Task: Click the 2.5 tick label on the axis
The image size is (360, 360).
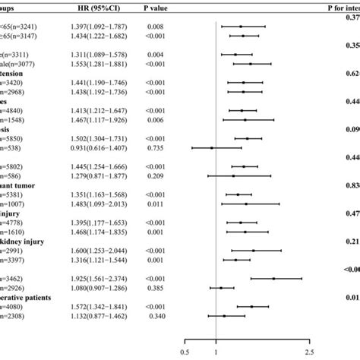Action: (x=308, y=351)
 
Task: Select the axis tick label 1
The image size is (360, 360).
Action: (x=216, y=351)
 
